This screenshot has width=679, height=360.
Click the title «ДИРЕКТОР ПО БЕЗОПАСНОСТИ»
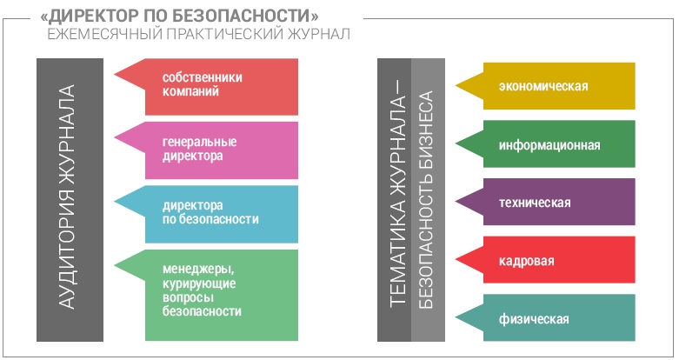(179, 17)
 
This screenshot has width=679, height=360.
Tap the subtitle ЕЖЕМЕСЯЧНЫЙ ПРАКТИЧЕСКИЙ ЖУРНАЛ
(199, 34)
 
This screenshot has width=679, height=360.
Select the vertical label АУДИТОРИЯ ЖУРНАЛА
(67, 197)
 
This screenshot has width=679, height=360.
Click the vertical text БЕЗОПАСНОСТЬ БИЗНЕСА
(426, 200)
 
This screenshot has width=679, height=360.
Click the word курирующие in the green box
(199, 284)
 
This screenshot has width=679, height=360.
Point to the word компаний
(190, 91)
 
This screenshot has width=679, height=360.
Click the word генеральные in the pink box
(200, 142)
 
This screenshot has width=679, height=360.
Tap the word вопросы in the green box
(188, 298)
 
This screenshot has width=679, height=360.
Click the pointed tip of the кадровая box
(456, 259)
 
